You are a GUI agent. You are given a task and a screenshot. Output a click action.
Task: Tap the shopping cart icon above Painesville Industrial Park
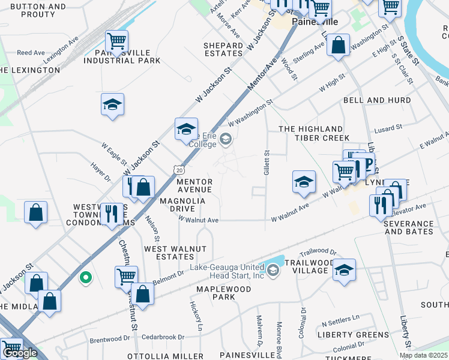tap(116, 41)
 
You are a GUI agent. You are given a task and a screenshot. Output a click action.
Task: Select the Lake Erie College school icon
tap(226, 140)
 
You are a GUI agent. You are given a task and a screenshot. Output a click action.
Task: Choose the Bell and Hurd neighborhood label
tap(377, 100)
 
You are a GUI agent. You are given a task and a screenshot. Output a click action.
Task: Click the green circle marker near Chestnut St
tap(85, 278)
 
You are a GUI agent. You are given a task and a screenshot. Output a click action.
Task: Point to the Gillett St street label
tap(267, 163)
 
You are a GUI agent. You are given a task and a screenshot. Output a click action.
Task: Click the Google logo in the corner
tap(20, 353)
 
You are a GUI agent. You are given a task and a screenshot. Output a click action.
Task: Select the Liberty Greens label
tap(353, 334)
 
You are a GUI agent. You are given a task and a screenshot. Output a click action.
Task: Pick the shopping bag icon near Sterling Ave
tap(339, 44)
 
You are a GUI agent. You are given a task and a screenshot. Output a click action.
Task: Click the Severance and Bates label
tap(409, 227)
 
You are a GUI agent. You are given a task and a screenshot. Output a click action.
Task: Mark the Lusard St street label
tap(387, 128)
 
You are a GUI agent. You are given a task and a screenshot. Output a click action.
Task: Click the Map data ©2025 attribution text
tap(423, 355)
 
